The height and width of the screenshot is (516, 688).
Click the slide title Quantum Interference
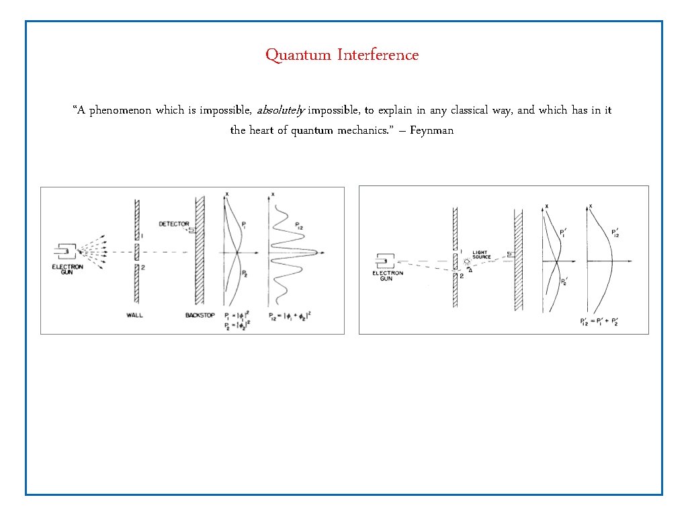pos(341,54)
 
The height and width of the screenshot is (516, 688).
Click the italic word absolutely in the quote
pos(281,110)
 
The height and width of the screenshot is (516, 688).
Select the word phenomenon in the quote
pos(119,110)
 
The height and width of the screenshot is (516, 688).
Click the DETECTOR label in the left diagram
pos(173,224)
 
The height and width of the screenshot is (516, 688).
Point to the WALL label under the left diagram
pos(135,314)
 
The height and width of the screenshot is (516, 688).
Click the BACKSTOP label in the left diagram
pos(200,314)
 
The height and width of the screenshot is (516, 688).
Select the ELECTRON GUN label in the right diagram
pos(388,275)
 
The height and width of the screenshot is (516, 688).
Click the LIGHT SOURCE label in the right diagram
pos(482,254)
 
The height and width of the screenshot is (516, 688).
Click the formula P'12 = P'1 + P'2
pos(599,322)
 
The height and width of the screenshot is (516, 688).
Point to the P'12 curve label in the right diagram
pos(615,234)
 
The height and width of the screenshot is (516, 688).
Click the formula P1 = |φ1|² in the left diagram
pos(239,315)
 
